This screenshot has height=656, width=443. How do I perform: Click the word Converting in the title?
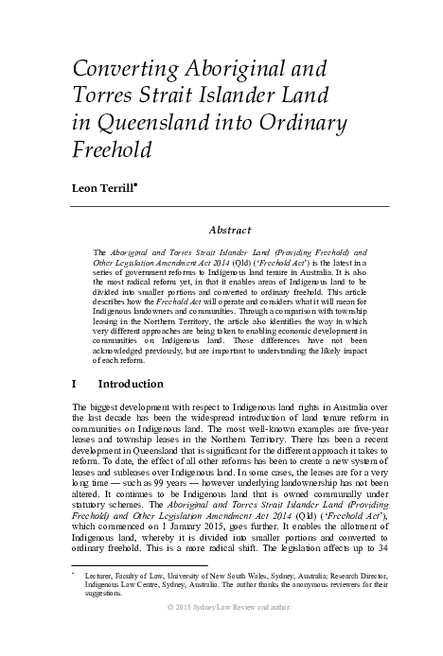pos(119,69)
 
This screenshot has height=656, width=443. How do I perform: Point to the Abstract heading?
pos(230,229)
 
